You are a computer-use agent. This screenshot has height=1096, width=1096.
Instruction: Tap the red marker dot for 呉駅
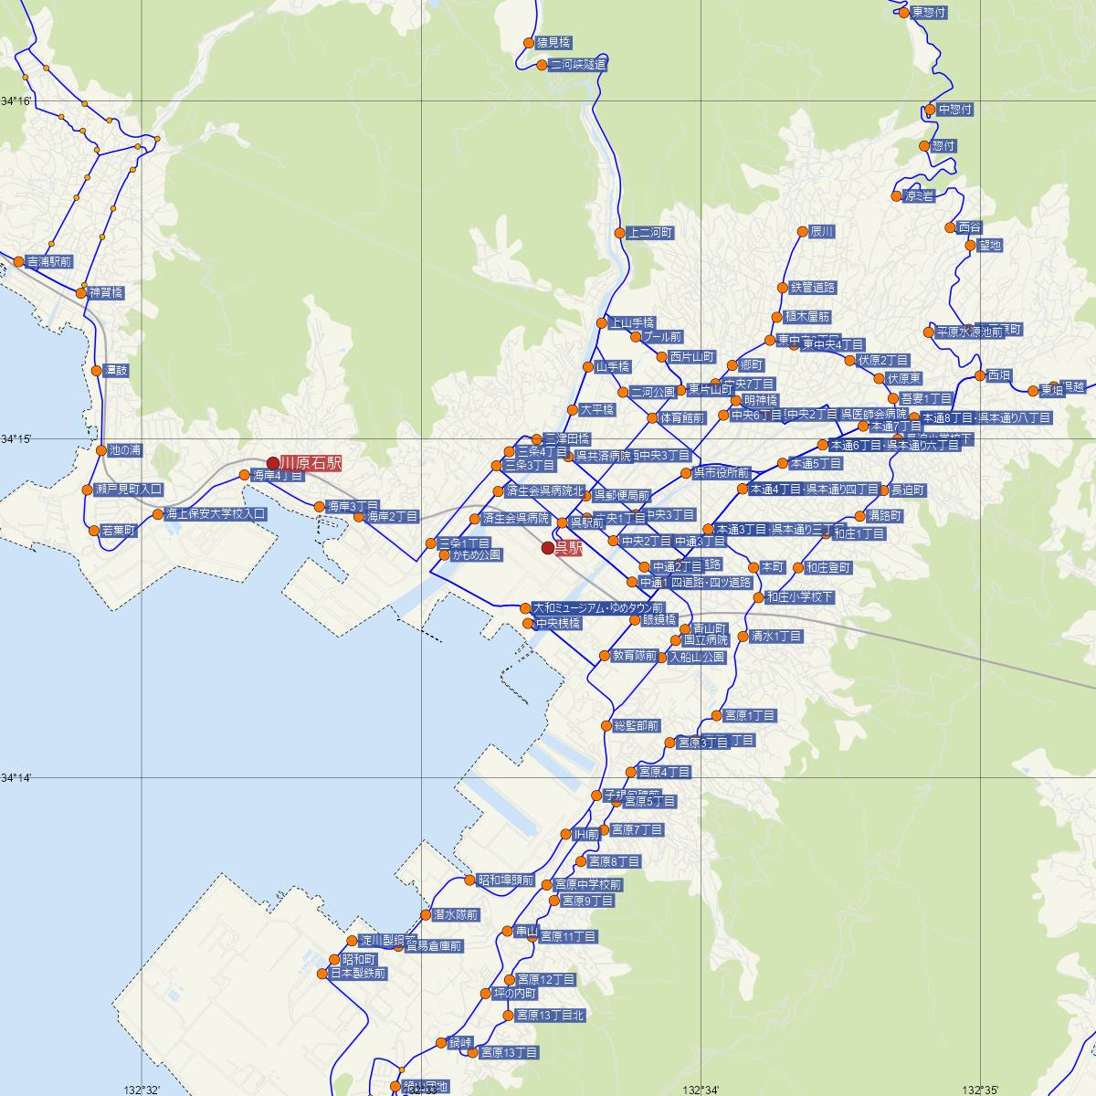tap(548, 548)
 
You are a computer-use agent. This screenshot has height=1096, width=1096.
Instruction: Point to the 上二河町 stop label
tap(650, 233)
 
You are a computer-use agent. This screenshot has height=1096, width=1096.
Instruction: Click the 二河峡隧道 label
tap(577, 65)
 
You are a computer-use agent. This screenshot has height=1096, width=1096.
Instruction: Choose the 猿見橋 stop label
tap(553, 43)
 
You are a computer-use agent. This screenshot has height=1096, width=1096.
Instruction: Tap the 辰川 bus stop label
tap(822, 232)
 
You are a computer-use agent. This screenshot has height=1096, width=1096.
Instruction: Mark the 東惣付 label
tap(929, 13)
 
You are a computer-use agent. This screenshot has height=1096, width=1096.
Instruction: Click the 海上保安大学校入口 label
tap(216, 514)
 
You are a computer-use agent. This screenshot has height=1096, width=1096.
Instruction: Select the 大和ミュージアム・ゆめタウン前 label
tap(598, 607)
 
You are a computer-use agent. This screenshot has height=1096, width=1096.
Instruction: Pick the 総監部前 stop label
tap(636, 726)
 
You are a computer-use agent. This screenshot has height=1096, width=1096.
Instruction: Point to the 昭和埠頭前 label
tap(506, 880)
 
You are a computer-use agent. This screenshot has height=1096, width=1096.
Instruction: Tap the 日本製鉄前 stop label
tap(358, 974)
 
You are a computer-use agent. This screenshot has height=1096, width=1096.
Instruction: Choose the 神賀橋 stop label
tap(106, 293)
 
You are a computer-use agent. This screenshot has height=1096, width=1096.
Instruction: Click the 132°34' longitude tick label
tap(701, 1089)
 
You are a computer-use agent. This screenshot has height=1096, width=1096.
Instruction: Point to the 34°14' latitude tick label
tap(16, 778)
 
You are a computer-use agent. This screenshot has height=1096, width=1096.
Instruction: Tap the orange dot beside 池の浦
tap(101, 450)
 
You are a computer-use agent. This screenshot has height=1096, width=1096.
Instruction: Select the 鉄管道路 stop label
tap(813, 288)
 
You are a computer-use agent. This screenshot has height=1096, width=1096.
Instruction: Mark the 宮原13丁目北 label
tap(549, 1015)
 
